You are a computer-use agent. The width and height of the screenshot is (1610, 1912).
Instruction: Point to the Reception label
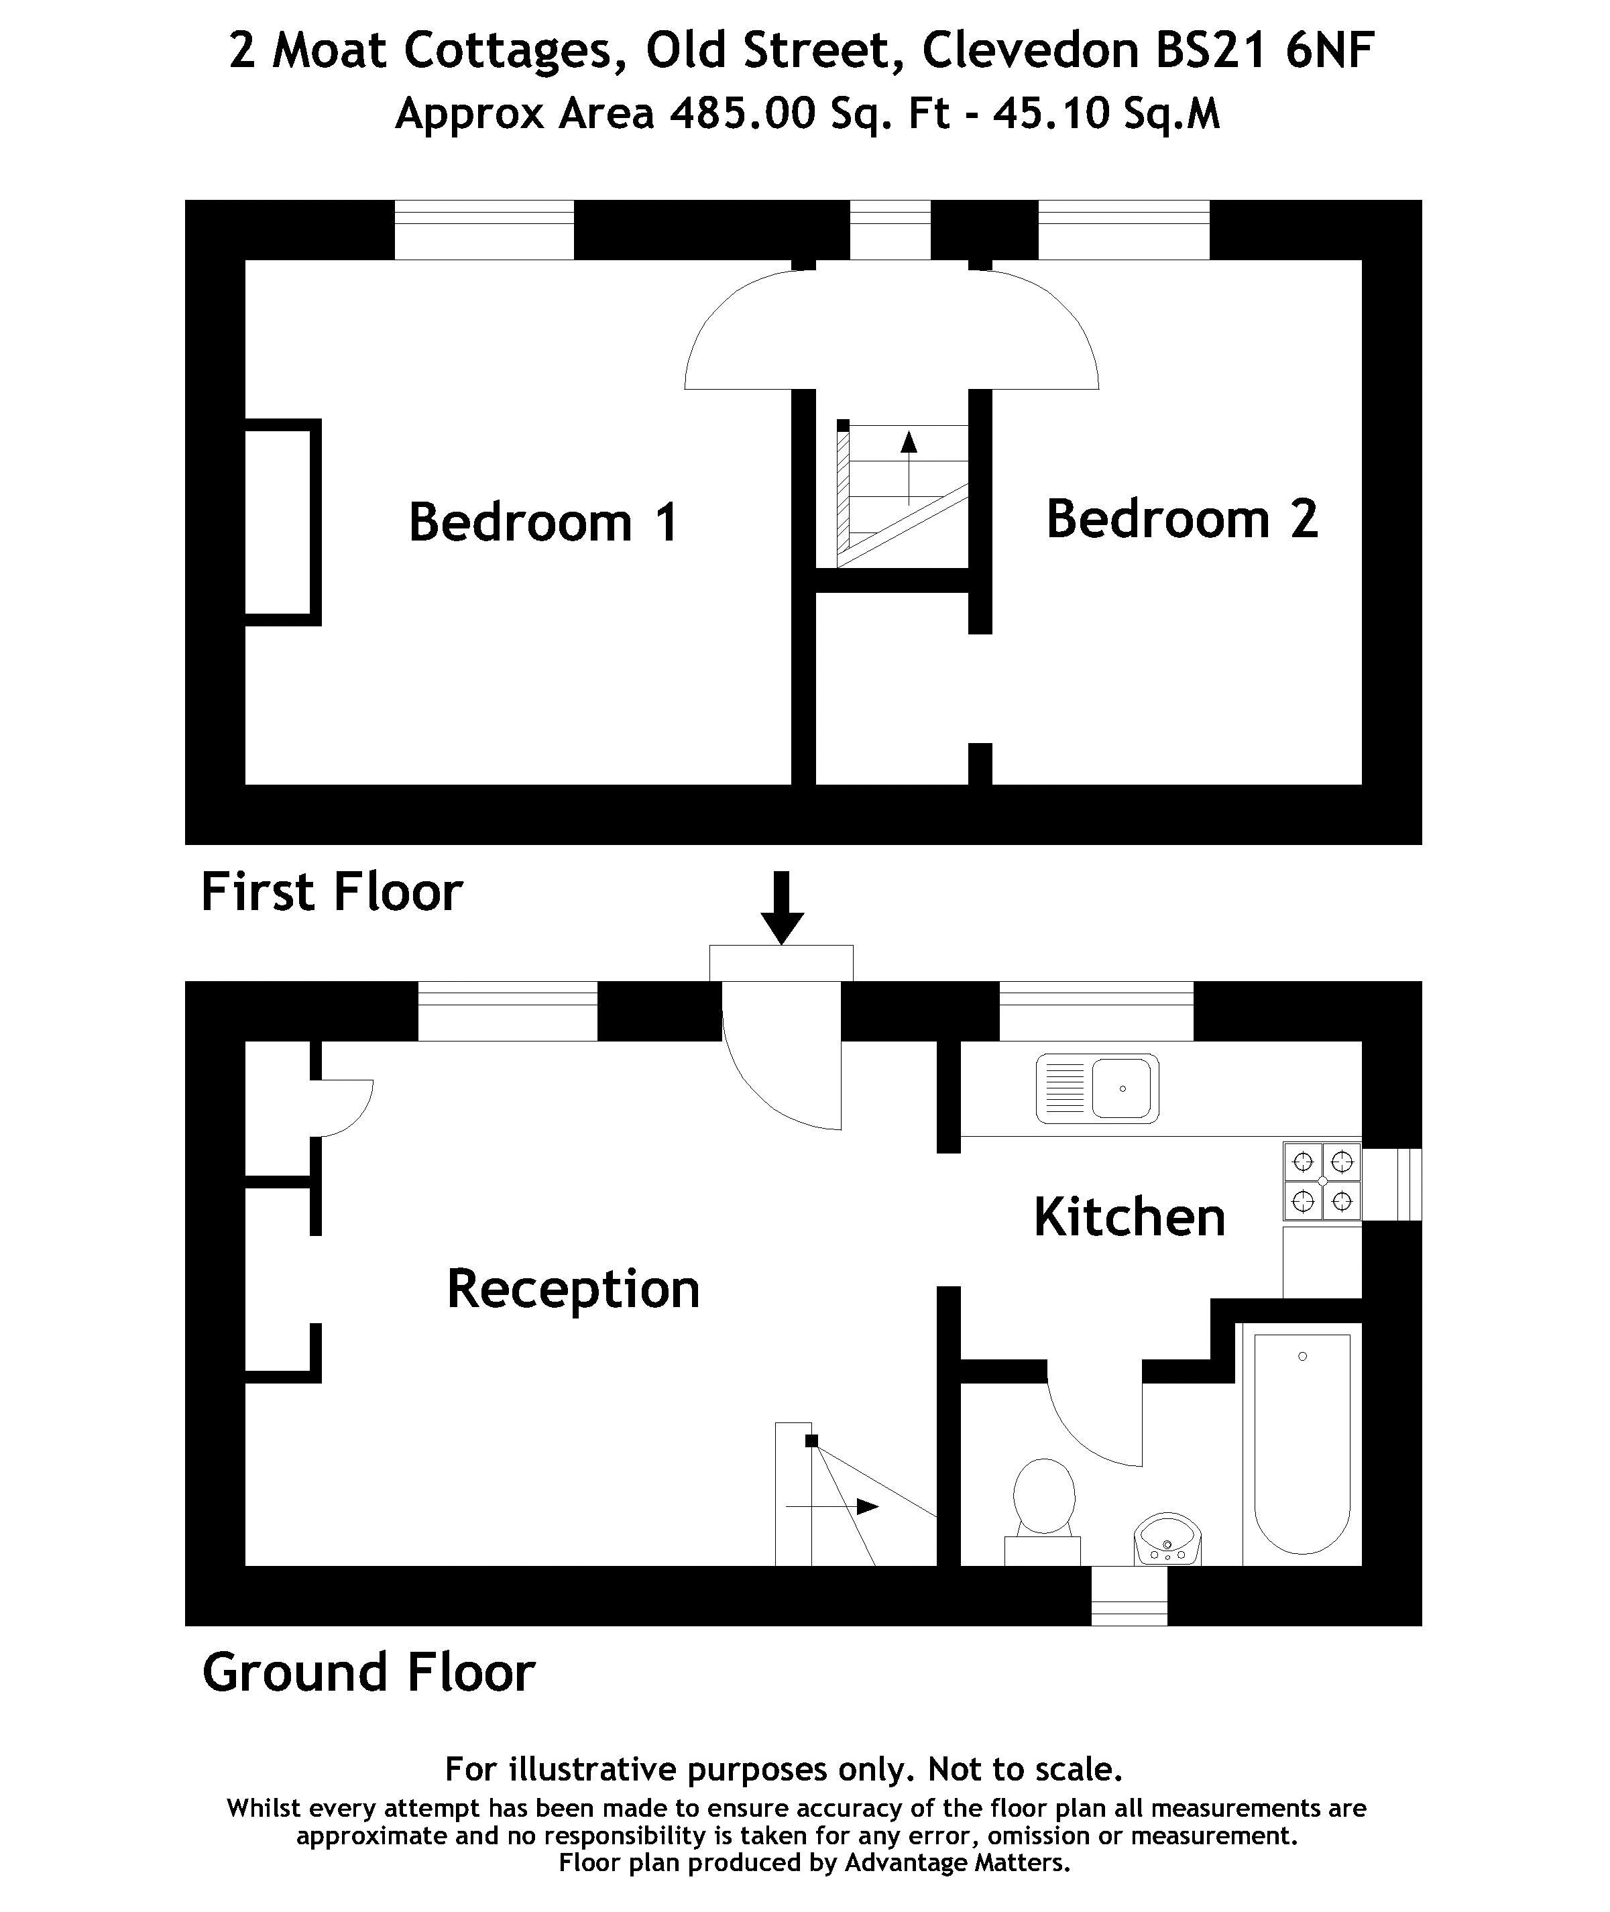(573, 1289)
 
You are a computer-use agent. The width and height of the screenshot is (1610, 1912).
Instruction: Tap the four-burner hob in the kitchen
(1322, 1181)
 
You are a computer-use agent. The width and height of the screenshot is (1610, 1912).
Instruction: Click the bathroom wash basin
(1167, 1540)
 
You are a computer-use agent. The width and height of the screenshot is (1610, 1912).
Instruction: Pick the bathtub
(1302, 1442)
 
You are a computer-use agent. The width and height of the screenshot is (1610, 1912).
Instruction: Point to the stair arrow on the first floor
(908, 465)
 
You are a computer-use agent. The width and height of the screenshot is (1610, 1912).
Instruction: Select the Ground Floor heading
(369, 1672)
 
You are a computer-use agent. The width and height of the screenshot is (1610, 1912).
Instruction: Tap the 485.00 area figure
(742, 114)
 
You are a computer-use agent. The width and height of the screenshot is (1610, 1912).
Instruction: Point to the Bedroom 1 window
(483, 230)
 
